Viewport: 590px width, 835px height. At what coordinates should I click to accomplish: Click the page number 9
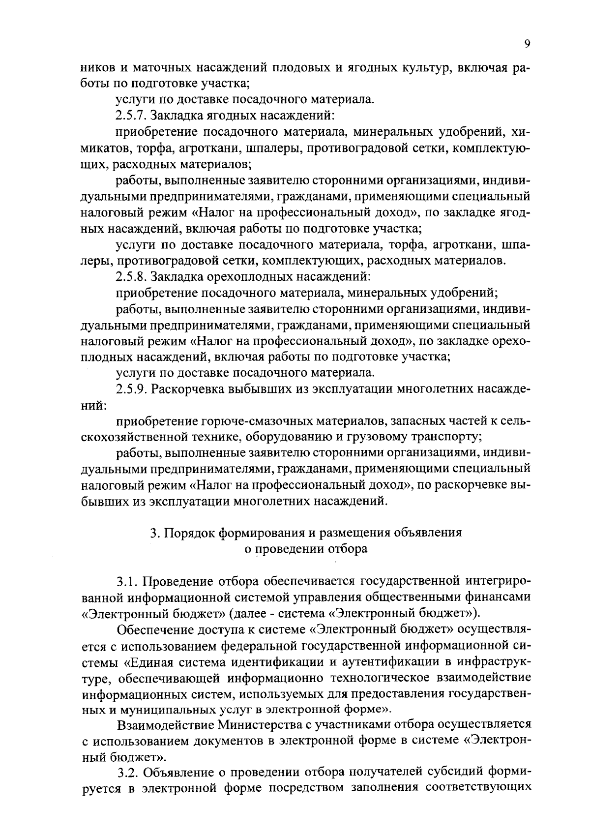point(527,44)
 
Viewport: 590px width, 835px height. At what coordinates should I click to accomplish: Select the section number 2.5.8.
point(132,276)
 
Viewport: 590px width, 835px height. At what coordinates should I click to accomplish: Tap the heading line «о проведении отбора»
point(306,549)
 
